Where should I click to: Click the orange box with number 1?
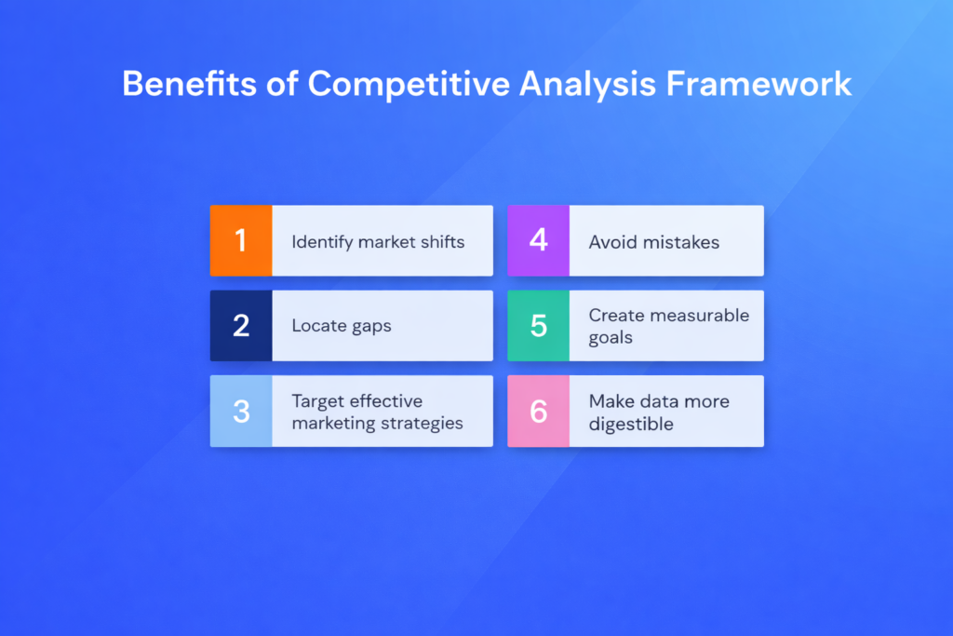pos(241,241)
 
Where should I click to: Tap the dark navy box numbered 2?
pos(241,326)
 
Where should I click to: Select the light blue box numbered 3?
pos(241,412)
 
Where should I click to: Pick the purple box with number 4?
pos(538,241)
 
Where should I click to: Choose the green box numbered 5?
pos(538,326)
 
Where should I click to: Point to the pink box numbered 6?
pos(538,412)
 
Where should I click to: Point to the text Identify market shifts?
pos(378,242)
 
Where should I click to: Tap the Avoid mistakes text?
pos(653,242)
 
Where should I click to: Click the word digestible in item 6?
pos(630,425)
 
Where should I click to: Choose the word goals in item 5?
pos(611,338)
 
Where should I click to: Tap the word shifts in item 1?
pos(443,242)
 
